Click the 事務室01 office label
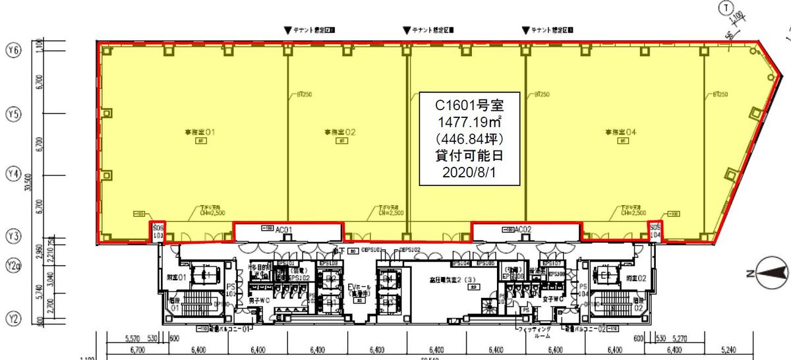coord(202,133)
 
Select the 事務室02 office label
coord(340,133)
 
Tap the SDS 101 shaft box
coord(157,230)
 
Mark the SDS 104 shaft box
coord(655,230)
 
